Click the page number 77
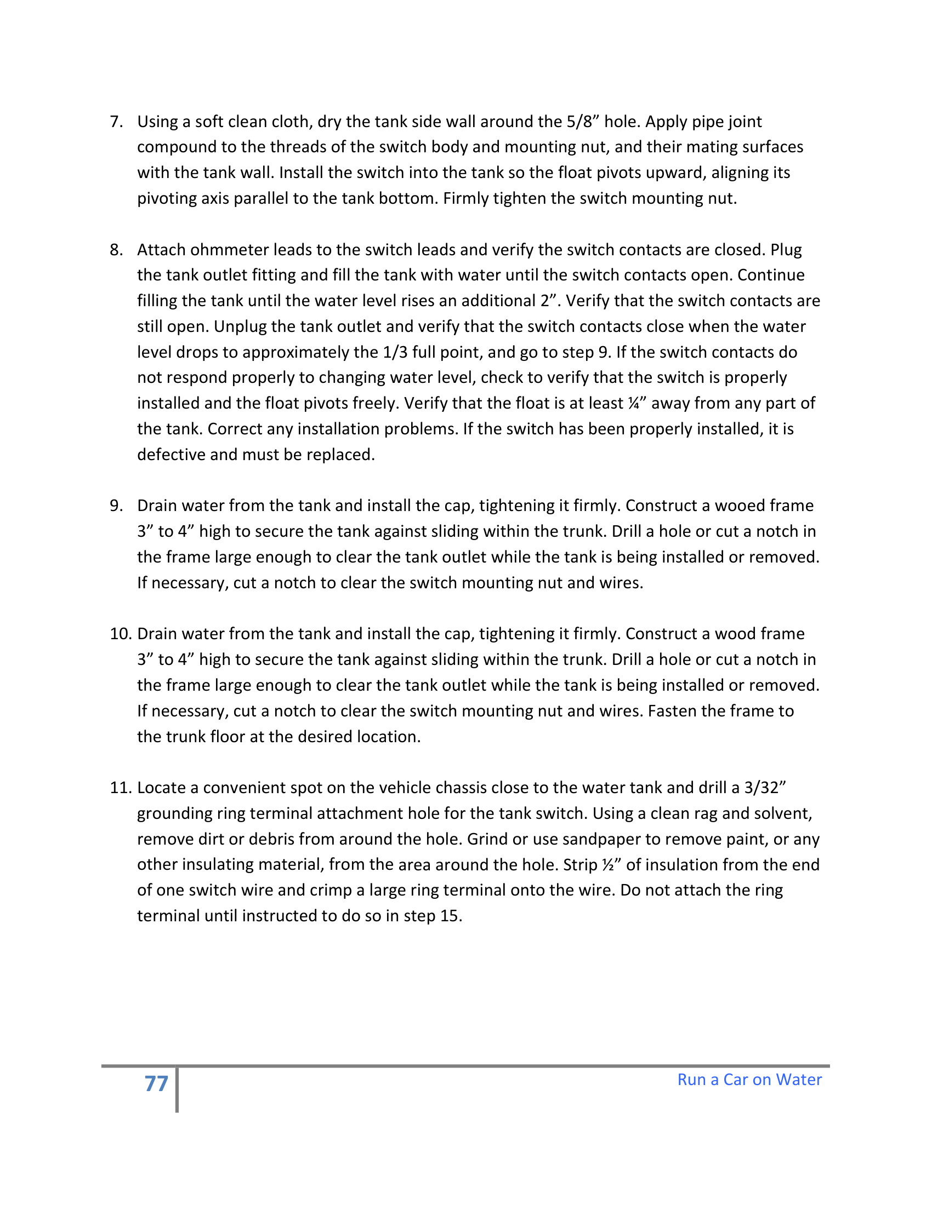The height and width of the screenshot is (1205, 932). click(x=156, y=1083)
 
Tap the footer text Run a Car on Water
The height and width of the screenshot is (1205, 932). click(x=749, y=1079)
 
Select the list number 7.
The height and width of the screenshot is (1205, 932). click(x=116, y=122)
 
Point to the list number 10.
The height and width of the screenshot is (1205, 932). click(x=121, y=633)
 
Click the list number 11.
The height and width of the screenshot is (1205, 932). click(x=121, y=787)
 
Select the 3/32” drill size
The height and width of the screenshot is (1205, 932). click(x=765, y=787)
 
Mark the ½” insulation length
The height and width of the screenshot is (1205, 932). click(x=611, y=864)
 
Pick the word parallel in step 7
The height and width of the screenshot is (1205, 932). click(x=260, y=198)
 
